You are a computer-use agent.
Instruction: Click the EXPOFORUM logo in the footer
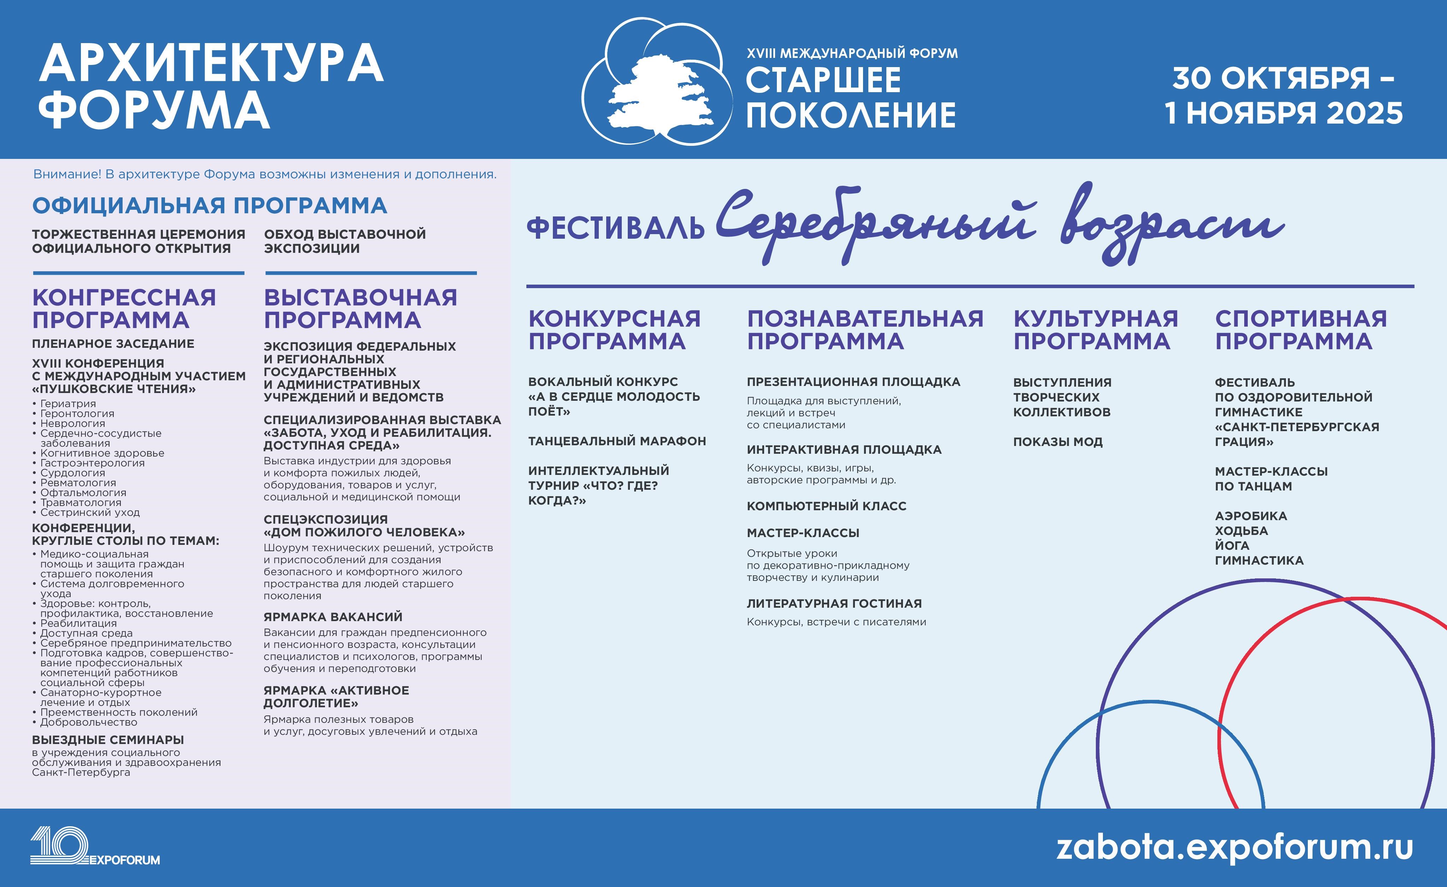point(94,846)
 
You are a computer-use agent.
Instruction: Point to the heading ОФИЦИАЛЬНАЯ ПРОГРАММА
point(209,206)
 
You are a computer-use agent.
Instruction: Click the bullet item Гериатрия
point(67,403)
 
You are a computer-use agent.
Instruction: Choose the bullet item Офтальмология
point(83,493)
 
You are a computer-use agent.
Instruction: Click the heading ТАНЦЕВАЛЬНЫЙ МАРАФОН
point(616,441)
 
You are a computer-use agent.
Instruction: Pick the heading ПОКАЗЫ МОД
point(1058,442)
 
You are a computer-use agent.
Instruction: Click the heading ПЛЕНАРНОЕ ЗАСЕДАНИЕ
point(113,344)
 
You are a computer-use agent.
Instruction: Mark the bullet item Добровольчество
point(88,722)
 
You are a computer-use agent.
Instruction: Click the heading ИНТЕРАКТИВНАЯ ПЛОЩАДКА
point(844,449)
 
